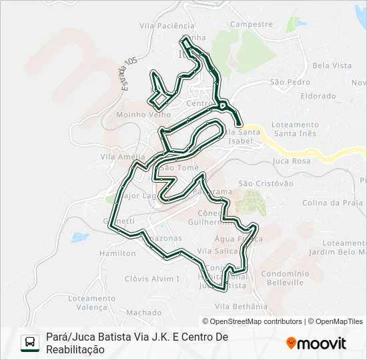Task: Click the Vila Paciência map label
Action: pos(167,26)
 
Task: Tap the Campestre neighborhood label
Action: pos(251,24)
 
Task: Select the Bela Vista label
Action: pos(332,65)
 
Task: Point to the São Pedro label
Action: pos(290,82)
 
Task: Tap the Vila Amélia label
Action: pos(117,157)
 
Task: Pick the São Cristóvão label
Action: pos(266,183)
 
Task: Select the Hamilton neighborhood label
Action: pos(117,254)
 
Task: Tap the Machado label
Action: pos(143,312)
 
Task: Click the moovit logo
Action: pos(316,343)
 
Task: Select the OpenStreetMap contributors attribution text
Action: pos(252,321)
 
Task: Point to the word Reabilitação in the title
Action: pos(75,349)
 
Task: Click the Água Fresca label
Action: pos(234,238)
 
